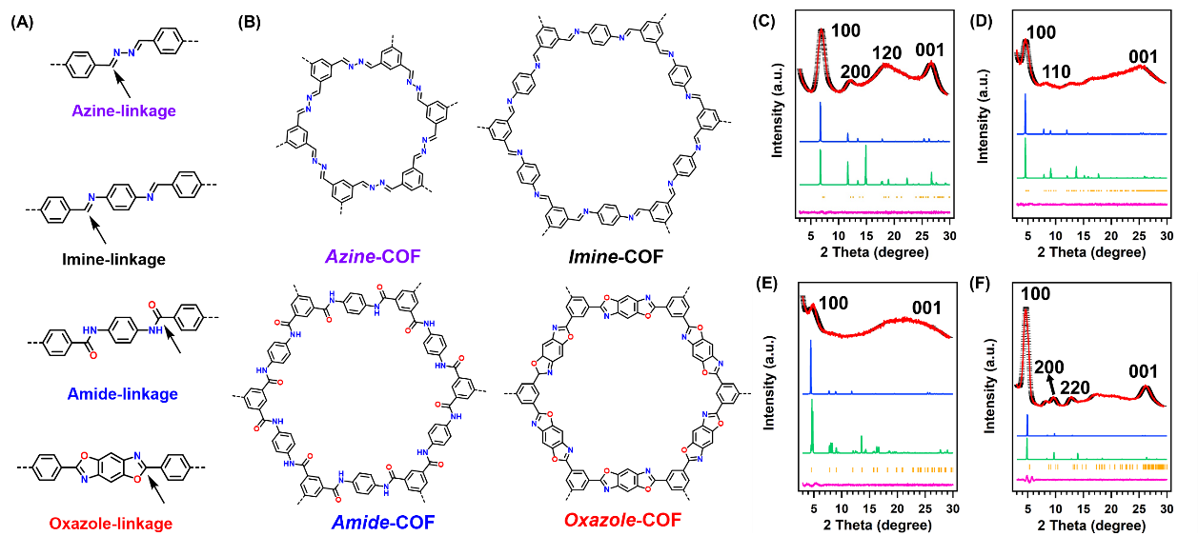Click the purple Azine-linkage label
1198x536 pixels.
(124, 111)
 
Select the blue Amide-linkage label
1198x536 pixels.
(123, 393)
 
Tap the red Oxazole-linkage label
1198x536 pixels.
(111, 523)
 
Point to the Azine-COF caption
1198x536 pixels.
(373, 256)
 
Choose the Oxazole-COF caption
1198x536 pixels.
(622, 520)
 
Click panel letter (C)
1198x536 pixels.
(763, 20)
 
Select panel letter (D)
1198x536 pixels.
(981, 20)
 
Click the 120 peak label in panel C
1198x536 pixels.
(886, 52)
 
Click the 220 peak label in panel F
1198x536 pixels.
(1075, 387)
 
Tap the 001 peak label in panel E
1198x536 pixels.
(926, 308)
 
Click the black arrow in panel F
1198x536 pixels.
(1050, 383)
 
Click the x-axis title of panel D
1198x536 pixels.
(1090, 252)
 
